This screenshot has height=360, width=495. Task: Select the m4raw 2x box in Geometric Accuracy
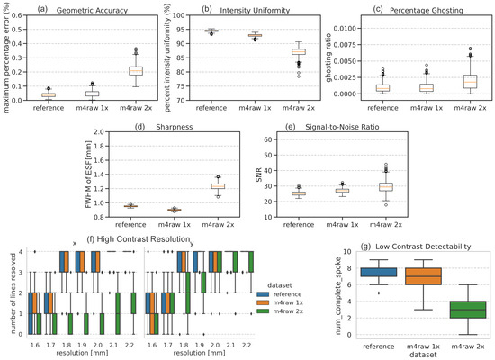click(x=136, y=70)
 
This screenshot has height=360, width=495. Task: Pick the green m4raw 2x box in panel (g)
click(x=454, y=310)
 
